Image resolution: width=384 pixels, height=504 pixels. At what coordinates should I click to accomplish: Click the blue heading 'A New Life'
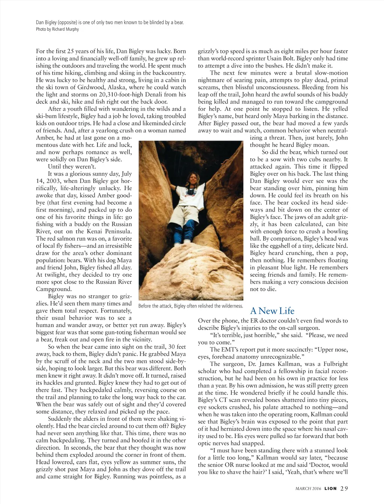272,311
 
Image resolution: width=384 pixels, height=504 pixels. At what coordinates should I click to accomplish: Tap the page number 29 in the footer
344,488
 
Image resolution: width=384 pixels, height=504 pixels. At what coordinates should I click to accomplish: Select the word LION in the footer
330,488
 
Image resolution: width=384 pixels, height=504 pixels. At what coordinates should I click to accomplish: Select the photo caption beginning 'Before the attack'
191,306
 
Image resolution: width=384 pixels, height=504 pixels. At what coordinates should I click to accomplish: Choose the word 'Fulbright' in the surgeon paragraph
335,364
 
